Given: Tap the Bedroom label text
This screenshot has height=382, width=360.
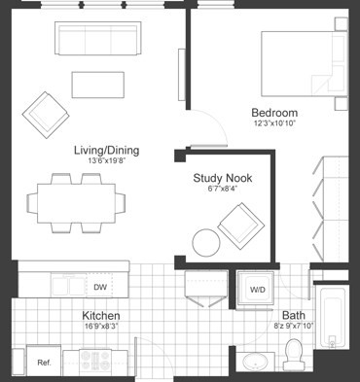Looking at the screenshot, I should click(x=274, y=112).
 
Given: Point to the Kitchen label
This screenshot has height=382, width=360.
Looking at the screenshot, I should click(x=100, y=317).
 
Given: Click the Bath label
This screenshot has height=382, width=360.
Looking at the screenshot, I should click(x=293, y=316).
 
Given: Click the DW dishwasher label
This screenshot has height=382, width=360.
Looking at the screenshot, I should click(x=100, y=287).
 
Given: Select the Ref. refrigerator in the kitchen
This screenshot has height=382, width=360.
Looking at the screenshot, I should click(x=44, y=363).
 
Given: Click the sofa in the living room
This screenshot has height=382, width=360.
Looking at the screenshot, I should click(x=96, y=41).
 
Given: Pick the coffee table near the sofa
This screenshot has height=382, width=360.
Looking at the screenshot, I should click(x=97, y=85).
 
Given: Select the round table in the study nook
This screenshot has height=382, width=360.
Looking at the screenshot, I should click(x=206, y=241).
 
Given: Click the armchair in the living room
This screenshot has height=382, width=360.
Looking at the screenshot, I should click(x=45, y=113).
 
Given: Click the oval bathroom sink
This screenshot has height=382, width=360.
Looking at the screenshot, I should click(x=256, y=363).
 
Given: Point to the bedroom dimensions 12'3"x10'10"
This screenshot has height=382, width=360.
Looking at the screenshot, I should click(x=274, y=123).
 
